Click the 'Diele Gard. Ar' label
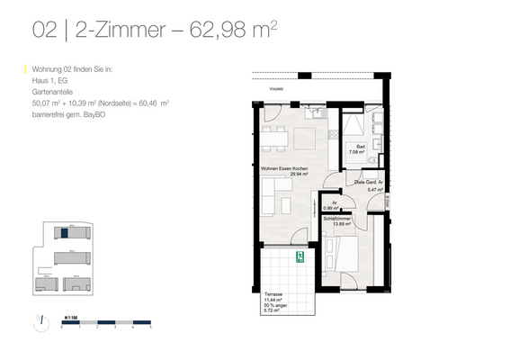tap(369, 181)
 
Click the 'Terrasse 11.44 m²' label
tap(275, 298)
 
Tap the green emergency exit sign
tap(300, 258)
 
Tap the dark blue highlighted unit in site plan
tap(65, 234)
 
